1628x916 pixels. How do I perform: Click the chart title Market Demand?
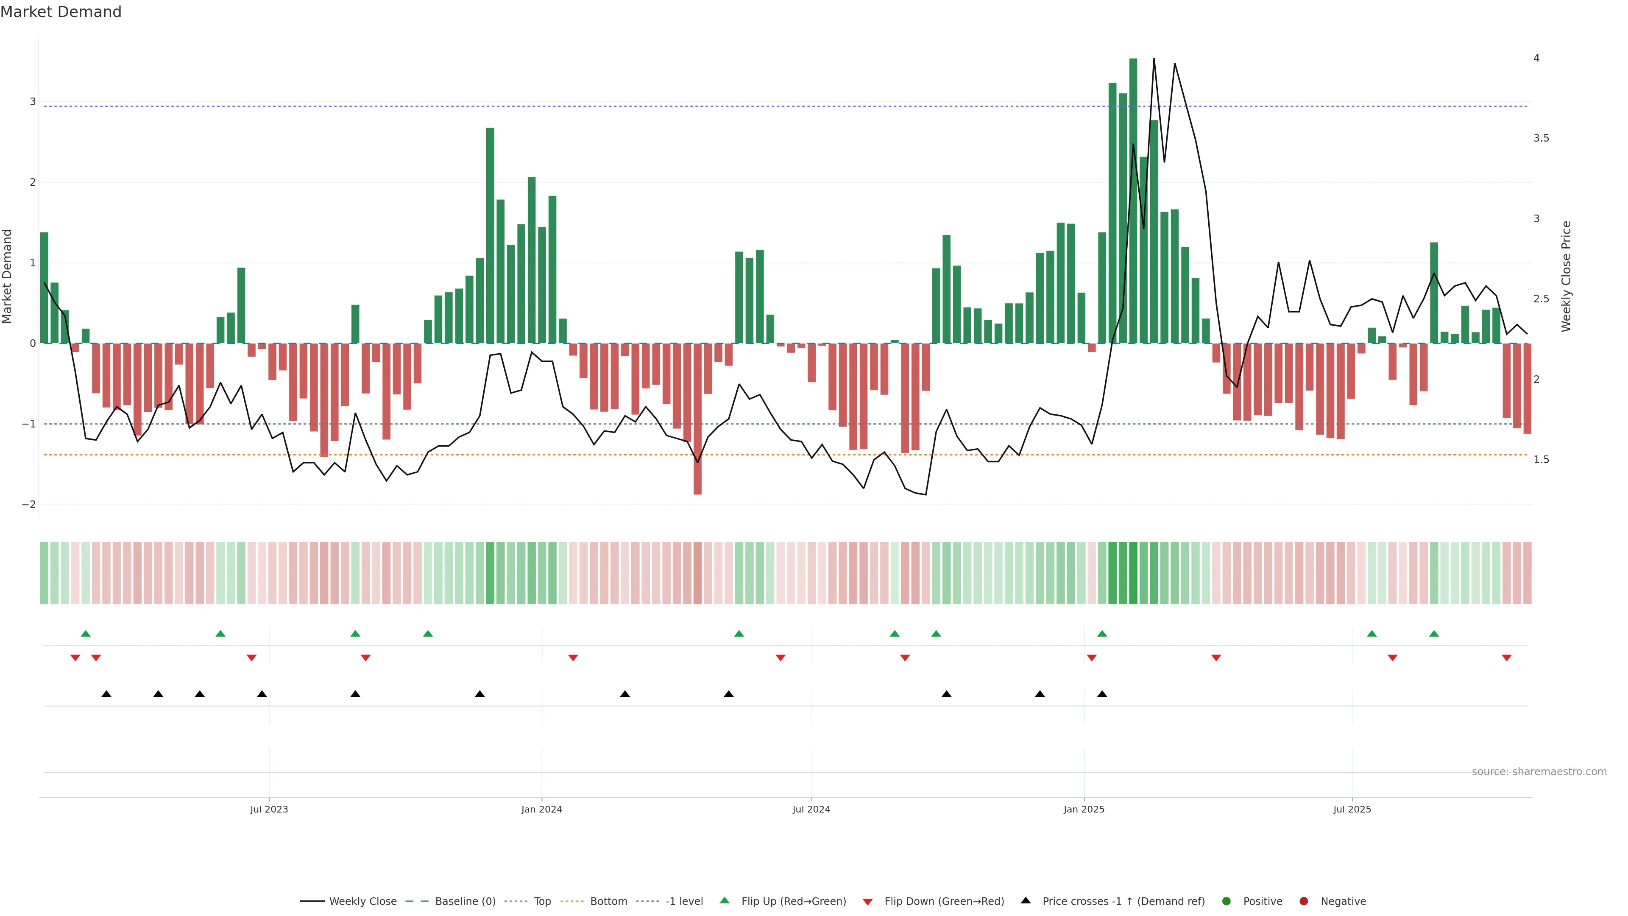[x=61, y=12]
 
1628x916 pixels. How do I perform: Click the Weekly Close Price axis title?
[x=1566, y=276]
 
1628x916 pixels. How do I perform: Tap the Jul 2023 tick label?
[x=269, y=809]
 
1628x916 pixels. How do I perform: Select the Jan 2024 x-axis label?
[x=542, y=809]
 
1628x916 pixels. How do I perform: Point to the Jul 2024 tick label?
[x=811, y=809]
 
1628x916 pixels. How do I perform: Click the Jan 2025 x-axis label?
[x=1084, y=809]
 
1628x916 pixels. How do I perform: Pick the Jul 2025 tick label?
[x=1352, y=809]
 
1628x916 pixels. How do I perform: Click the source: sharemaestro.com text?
[x=1539, y=772]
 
